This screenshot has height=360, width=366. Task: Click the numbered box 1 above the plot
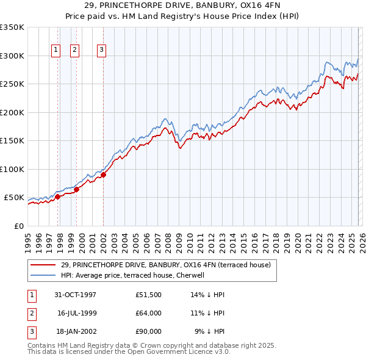[56, 50]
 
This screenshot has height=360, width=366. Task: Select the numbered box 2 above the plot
[74, 50]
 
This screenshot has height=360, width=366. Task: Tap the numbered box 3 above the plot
[101, 50]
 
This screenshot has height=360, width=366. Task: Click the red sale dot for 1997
[58, 196]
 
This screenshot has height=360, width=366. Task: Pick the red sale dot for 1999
[76, 190]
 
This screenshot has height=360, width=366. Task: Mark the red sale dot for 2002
[103, 175]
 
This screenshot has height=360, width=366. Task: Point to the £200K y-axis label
[12, 112]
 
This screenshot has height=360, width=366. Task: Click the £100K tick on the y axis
[12, 169]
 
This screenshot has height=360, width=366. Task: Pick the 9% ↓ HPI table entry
[210, 331]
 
